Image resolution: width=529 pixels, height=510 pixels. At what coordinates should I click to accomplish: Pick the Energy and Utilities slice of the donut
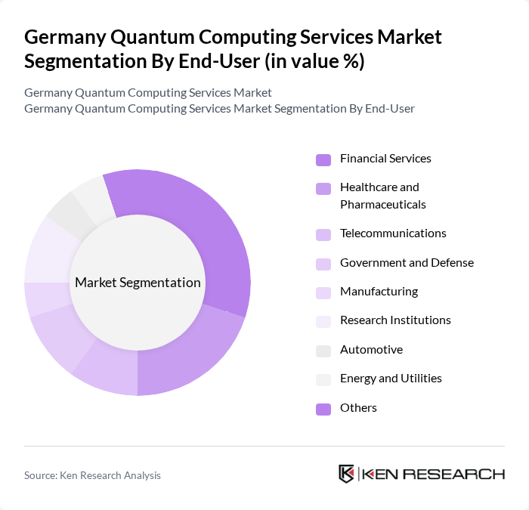pyautogui.click(x=91, y=195)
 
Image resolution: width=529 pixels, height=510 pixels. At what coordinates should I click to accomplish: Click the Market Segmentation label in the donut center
pyautogui.click(x=138, y=283)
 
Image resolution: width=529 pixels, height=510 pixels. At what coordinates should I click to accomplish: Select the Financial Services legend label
pyautogui.click(x=385, y=159)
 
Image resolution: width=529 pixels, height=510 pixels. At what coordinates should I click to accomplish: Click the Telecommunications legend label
pyautogui.click(x=393, y=233)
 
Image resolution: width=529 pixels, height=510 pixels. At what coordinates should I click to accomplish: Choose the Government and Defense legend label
pyautogui.click(x=407, y=263)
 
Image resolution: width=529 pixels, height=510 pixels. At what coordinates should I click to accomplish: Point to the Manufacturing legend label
pyautogui.click(x=379, y=292)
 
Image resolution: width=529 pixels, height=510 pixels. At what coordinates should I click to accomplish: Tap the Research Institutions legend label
pyautogui.click(x=395, y=320)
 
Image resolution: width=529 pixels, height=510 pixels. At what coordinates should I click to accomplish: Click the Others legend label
pyautogui.click(x=358, y=408)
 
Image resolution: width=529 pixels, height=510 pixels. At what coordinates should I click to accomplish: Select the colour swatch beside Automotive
pyautogui.click(x=323, y=351)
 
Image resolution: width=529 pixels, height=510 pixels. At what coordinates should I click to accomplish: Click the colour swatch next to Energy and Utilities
pyautogui.click(x=323, y=379)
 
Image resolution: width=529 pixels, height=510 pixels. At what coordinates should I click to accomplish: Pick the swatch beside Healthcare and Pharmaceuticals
pyautogui.click(x=323, y=188)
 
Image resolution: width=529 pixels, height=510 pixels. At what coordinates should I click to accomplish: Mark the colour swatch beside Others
pyautogui.click(x=323, y=409)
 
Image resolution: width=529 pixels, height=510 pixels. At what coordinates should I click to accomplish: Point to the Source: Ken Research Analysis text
pyautogui.click(x=92, y=475)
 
